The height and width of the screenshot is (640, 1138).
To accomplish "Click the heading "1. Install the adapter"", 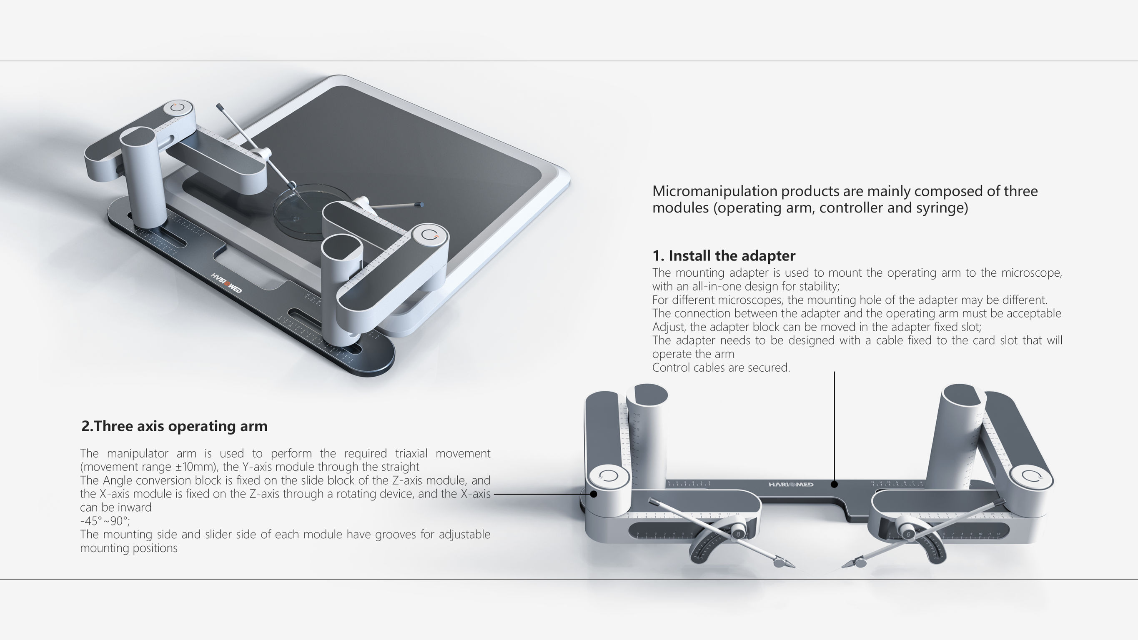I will click(724, 256).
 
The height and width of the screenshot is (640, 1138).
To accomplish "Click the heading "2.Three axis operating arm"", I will click(175, 426).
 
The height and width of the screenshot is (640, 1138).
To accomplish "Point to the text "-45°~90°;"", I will click(105, 521).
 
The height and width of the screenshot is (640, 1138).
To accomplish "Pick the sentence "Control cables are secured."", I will click(721, 367).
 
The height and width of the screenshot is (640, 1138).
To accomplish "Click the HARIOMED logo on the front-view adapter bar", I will click(791, 485).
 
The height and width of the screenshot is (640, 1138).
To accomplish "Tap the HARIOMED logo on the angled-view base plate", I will click(227, 283).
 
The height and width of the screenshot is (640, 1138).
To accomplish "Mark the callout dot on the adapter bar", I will click(834, 485).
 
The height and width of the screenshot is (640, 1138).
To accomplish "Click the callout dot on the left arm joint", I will click(594, 494).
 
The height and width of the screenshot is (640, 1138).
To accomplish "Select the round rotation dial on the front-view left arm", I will click(608, 476).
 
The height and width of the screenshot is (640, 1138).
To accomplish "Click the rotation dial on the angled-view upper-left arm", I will click(178, 108).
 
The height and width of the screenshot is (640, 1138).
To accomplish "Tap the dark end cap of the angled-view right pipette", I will click(420, 205).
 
